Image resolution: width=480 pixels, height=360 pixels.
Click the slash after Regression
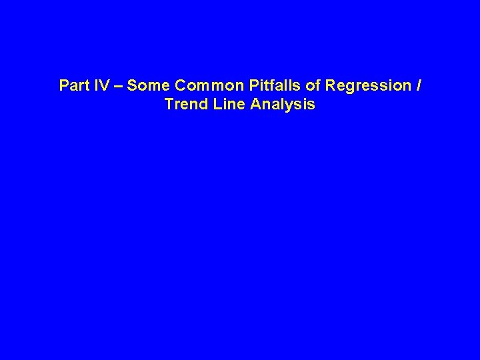[x=418, y=86]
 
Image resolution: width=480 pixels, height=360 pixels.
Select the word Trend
[x=185, y=105]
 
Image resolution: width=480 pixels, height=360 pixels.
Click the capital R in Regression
[x=331, y=86]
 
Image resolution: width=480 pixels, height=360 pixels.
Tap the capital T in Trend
[x=168, y=105]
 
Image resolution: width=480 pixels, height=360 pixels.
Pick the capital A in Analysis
[x=257, y=105]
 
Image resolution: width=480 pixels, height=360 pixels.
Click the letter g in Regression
[x=349, y=88]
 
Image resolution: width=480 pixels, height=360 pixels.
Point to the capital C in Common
[x=180, y=86]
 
